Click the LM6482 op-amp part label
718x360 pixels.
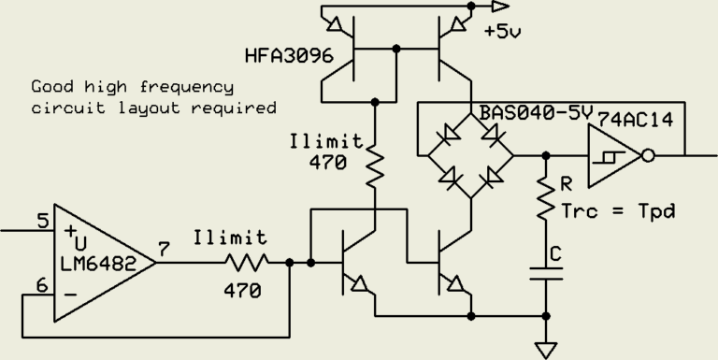coord(95,266)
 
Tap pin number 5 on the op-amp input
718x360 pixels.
coord(41,223)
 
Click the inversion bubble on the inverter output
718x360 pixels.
coord(649,155)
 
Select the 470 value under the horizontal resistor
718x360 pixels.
coord(242,291)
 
